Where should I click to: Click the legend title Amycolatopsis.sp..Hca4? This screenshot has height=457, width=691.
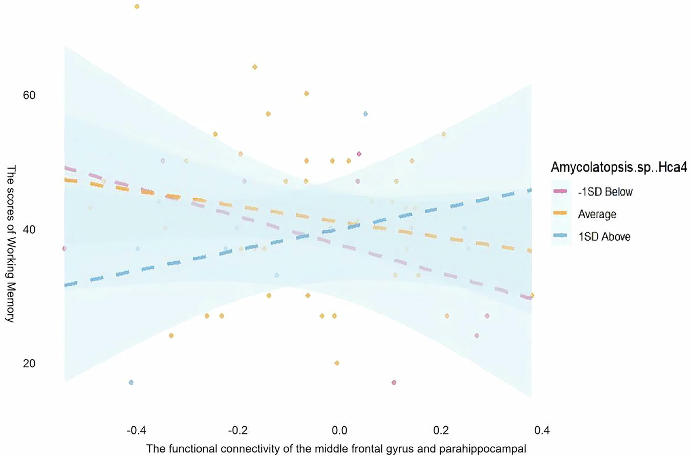point(618,167)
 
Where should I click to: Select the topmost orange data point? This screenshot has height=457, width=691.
point(137,7)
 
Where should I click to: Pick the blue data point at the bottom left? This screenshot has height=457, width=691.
point(131,383)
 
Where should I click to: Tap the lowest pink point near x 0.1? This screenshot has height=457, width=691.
point(394,383)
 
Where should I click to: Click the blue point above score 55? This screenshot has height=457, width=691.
point(365,114)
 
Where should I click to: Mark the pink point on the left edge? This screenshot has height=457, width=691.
point(64,248)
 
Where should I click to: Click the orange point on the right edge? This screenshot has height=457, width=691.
point(532,295)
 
